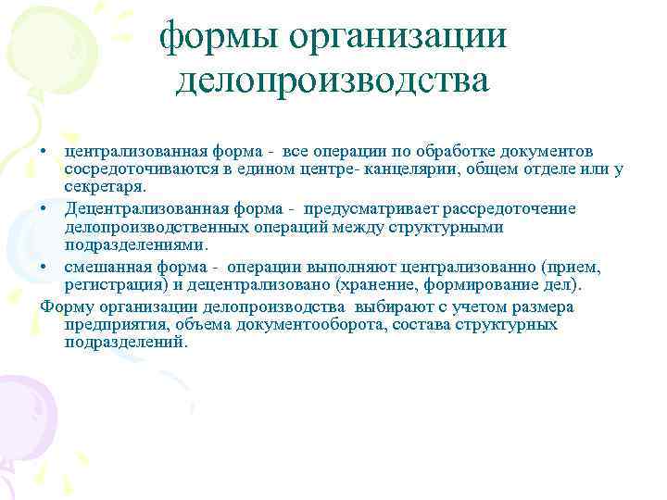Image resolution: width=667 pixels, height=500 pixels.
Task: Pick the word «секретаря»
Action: tap(105, 184)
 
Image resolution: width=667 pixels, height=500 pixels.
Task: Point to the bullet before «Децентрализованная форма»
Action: tap(45, 206)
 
